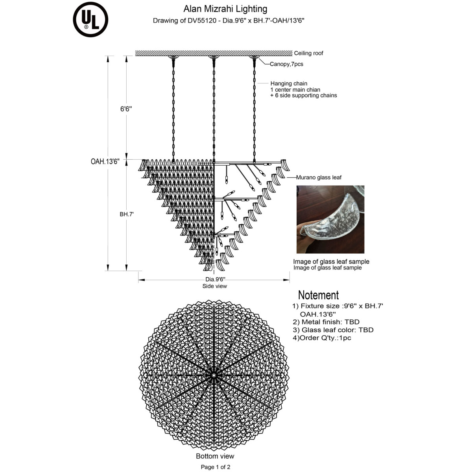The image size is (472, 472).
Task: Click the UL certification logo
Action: [90, 20]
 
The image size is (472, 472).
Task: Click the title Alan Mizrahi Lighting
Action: [225, 9]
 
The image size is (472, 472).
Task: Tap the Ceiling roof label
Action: [308, 53]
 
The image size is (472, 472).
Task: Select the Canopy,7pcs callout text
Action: [286, 64]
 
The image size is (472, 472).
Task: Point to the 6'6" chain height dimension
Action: [126, 109]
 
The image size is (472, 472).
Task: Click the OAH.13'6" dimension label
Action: [105, 161]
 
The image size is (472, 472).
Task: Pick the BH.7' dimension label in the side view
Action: [127, 214]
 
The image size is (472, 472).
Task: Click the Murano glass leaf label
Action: [319, 177]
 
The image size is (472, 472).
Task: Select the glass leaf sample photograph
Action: [330, 219]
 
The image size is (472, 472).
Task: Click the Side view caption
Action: [214, 286]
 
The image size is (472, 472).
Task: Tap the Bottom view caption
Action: [215, 456]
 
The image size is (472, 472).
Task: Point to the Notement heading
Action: [318, 295]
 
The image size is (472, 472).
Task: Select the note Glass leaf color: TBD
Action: [333, 330]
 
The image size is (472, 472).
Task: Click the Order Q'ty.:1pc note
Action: [322, 337]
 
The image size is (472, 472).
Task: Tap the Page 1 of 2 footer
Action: [216, 467]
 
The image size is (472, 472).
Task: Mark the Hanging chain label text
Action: [289, 83]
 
